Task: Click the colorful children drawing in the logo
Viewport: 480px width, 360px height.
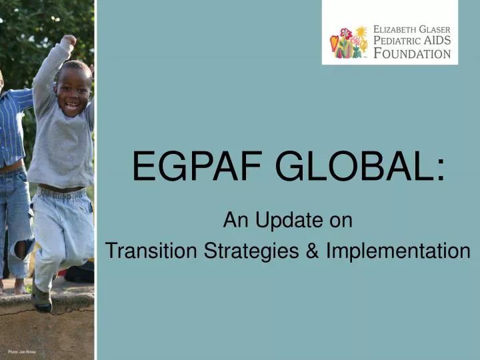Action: pyautogui.click(x=349, y=43)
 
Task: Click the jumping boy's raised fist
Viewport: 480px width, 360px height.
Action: pyautogui.click(x=68, y=41)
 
